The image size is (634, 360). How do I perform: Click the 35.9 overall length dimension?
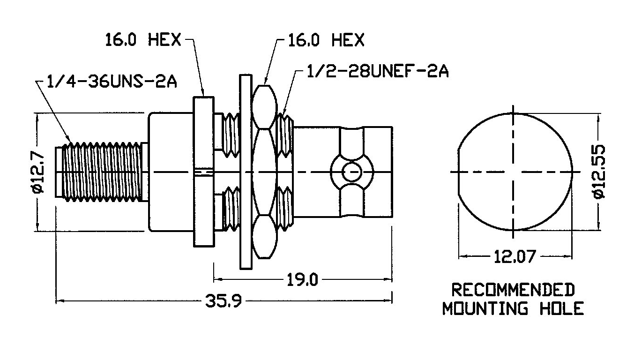[224, 301]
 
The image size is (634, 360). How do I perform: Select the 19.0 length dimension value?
[303, 280]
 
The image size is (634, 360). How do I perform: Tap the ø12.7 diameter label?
[38, 172]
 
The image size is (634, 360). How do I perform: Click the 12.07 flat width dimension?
[515, 256]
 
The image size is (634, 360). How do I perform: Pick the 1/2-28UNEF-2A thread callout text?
[378, 71]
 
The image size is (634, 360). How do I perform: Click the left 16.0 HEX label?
[143, 39]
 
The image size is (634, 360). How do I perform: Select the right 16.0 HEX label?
[326, 40]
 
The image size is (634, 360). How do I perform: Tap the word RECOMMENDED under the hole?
[513, 290]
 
